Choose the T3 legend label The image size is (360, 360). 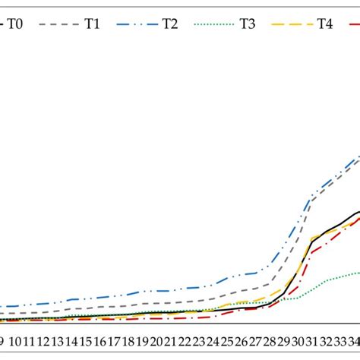click(x=247, y=24)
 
